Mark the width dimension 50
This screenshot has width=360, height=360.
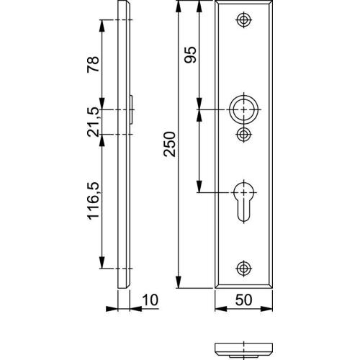[244, 299]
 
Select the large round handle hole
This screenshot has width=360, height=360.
[245, 109]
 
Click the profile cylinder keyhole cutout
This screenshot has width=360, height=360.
[245, 202]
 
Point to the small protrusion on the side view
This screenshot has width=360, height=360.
[133, 109]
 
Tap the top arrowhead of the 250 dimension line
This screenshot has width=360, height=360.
[177, 6]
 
